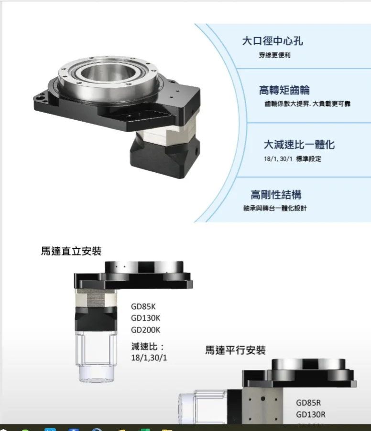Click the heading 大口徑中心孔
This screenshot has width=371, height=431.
tap(273, 41)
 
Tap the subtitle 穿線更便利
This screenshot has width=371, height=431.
tap(274, 55)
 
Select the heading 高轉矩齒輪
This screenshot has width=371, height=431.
tap(284, 90)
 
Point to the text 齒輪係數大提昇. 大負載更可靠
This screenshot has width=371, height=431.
tap(307, 104)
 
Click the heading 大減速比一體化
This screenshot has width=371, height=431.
tap(299, 145)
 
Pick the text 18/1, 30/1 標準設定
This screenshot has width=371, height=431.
tap(293, 159)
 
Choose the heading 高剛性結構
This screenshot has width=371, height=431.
tap(276, 195)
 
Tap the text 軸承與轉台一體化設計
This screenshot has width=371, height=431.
tap(275, 208)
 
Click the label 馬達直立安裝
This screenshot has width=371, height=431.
tap(71, 251)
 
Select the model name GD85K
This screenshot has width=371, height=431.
tap(143, 306)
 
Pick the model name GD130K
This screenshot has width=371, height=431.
tap(145, 318)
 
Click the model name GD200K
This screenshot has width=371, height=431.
tap(145, 330)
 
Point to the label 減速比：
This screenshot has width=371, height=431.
tap(148, 347)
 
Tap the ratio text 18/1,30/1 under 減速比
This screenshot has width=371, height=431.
tap(149, 357)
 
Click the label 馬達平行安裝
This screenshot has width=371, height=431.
tap(236, 350)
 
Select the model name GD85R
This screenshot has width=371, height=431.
tap(308, 403)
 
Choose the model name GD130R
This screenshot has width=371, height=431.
tap(311, 414)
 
